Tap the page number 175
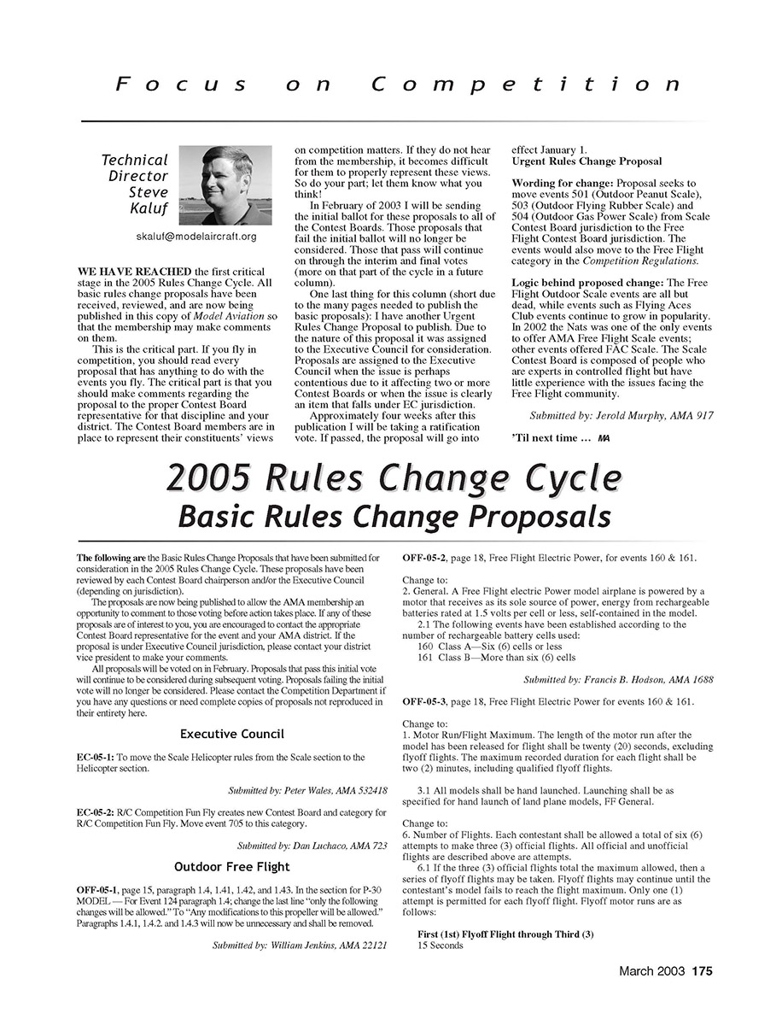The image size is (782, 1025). click(702, 970)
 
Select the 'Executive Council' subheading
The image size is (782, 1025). click(232, 734)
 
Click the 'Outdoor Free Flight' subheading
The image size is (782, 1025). click(232, 867)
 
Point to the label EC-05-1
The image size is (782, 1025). click(95, 757)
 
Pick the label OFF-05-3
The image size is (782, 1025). click(423, 701)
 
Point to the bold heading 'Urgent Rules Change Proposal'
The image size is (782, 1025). click(586, 161)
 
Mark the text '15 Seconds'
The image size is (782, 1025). click(441, 946)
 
